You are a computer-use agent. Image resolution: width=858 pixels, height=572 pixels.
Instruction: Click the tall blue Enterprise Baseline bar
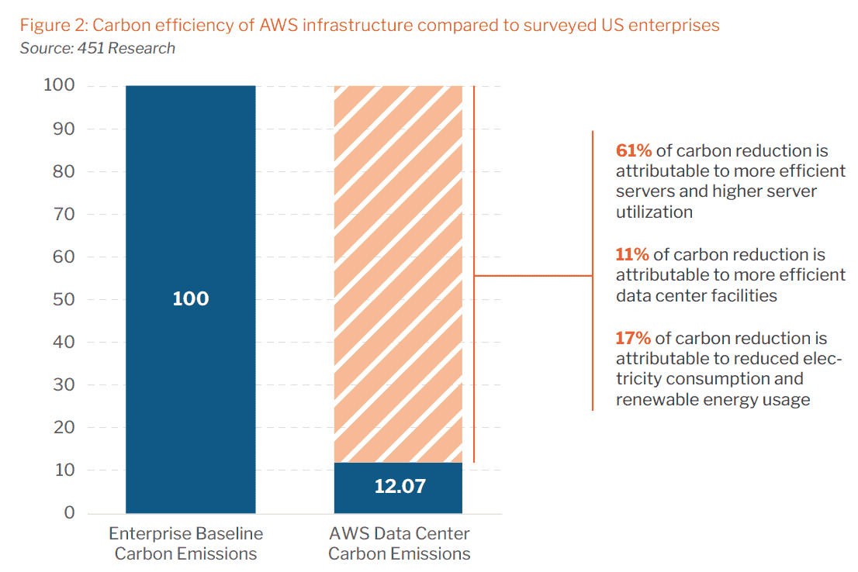tap(190, 299)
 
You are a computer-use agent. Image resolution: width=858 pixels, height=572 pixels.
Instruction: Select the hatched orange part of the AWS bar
tap(399, 274)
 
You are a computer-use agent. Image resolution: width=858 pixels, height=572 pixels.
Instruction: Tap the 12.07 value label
tap(400, 486)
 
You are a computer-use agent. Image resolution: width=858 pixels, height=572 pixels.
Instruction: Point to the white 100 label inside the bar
tap(190, 298)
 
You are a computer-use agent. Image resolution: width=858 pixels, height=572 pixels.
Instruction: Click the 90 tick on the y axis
tap(64, 129)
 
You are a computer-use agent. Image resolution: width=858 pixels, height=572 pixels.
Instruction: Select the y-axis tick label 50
tap(64, 300)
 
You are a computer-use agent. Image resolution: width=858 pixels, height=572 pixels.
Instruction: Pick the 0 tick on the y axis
tap(69, 512)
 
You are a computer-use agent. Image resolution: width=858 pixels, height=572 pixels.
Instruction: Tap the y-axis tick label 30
tap(64, 385)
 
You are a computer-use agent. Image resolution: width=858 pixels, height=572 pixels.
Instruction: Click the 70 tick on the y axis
tap(64, 215)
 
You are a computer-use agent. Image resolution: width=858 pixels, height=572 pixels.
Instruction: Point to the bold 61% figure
tap(634, 150)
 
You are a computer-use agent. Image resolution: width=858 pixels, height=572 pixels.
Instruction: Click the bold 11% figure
tap(632, 254)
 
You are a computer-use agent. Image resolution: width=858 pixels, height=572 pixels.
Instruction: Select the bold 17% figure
tap(633, 338)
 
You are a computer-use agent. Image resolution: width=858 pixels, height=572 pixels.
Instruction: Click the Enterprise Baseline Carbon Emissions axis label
tap(186, 543)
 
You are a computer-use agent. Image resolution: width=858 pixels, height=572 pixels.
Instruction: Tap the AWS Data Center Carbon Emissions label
tap(400, 543)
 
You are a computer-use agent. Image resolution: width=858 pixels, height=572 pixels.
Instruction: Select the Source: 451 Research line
tap(98, 48)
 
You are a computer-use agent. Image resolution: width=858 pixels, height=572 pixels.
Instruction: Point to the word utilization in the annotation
tap(655, 212)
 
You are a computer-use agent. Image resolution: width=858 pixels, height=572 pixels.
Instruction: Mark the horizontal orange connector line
tap(534, 276)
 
